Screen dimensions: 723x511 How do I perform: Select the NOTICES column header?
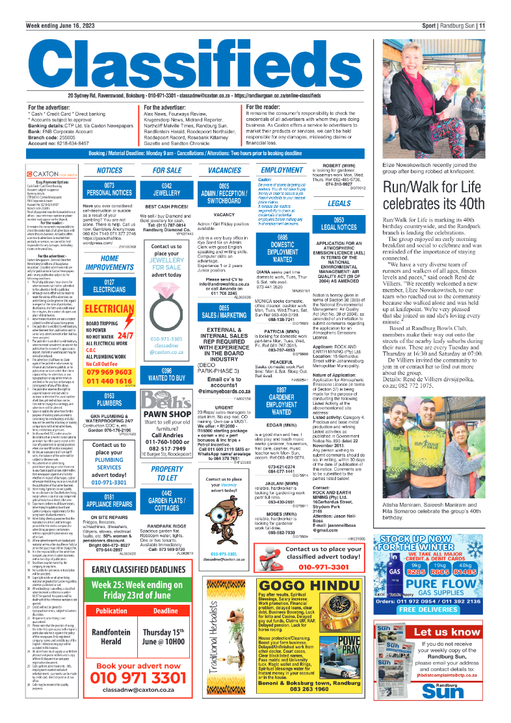(x=109, y=170)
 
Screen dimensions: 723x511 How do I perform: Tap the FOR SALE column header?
(x=167, y=170)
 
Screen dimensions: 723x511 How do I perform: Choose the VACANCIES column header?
(x=224, y=170)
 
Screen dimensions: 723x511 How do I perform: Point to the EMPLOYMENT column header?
(x=282, y=170)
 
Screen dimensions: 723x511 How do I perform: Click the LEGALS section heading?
(x=339, y=203)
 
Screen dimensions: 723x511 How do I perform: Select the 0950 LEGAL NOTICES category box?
(x=339, y=225)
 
